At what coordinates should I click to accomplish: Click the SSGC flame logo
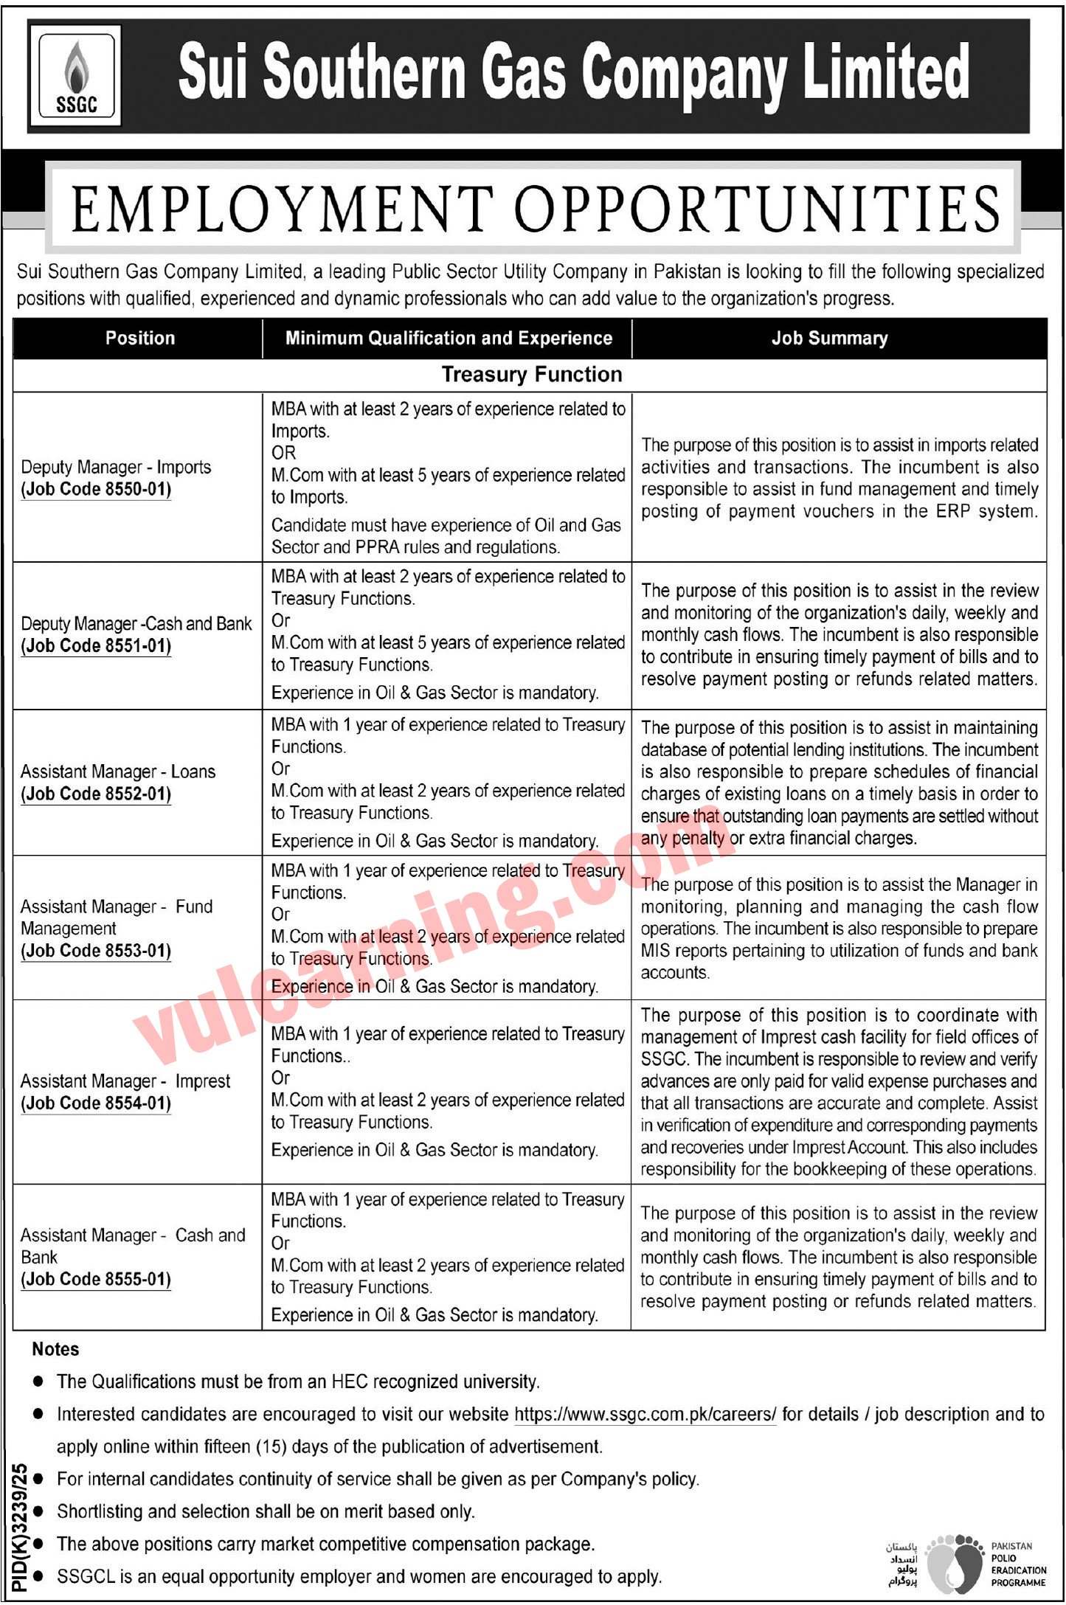tap(76, 77)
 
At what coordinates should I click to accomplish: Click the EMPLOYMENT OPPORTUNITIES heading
tap(535, 208)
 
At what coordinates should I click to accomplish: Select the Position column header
tap(140, 339)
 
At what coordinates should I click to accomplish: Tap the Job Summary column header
tap(829, 339)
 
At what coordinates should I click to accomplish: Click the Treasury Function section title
tap(531, 375)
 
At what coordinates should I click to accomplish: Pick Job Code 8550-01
tap(96, 490)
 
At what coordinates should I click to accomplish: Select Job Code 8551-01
tap(96, 646)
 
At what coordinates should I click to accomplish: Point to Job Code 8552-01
tap(96, 794)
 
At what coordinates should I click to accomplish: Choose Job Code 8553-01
tap(96, 951)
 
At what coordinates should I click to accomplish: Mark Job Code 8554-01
tap(96, 1103)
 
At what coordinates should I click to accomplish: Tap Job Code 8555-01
tap(96, 1280)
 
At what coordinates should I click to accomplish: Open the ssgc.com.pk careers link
tap(645, 1415)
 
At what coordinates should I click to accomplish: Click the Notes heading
tap(55, 1350)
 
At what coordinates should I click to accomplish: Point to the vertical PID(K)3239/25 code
tap(20, 1527)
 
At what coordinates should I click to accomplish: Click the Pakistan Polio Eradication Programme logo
tap(955, 1562)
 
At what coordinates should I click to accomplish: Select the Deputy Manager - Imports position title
tap(116, 468)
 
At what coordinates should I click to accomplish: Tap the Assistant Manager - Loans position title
tap(118, 772)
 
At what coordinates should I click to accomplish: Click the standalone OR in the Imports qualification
tap(283, 453)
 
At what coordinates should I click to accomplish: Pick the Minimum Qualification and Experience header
tap(449, 339)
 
